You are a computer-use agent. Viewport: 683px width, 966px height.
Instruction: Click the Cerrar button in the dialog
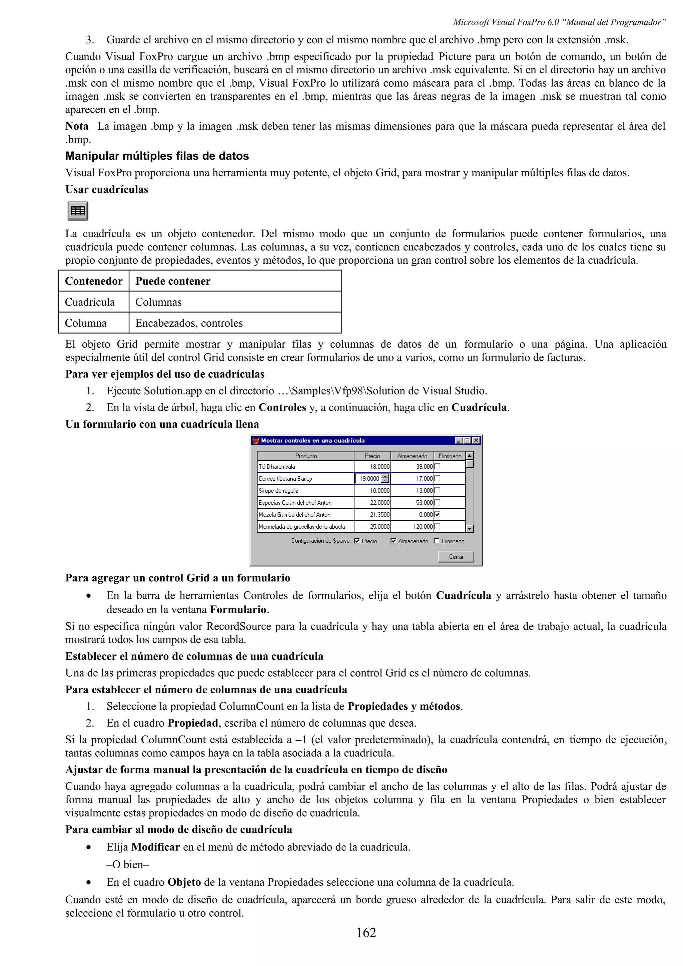pyautogui.click(x=456, y=557)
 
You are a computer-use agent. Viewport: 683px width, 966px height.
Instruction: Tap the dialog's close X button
pyautogui.click(x=476, y=441)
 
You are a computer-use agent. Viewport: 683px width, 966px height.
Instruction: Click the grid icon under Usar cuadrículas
pyautogui.click(x=78, y=211)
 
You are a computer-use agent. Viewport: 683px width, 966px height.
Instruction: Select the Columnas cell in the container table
pyautogui.click(x=158, y=302)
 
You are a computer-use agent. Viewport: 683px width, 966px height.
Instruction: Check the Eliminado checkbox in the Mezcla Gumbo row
pyautogui.click(x=437, y=514)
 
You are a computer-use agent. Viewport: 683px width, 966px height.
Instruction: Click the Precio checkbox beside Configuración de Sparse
pyautogui.click(x=357, y=541)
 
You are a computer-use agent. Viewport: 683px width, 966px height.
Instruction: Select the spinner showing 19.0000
pyautogui.click(x=373, y=478)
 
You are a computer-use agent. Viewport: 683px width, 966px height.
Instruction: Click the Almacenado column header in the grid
pyautogui.click(x=412, y=456)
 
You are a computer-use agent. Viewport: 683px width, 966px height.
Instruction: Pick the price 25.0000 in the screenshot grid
pyautogui.click(x=379, y=527)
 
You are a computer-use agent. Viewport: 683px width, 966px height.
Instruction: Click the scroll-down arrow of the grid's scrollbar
pyautogui.click(x=470, y=528)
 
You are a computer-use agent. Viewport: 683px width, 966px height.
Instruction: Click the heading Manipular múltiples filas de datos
pyautogui.click(x=157, y=156)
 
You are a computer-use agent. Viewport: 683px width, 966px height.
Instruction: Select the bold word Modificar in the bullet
pyautogui.click(x=155, y=847)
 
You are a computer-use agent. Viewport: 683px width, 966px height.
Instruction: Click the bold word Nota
pyautogui.click(x=77, y=126)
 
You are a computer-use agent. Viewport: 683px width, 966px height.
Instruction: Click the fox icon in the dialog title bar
pyautogui.click(x=255, y=441)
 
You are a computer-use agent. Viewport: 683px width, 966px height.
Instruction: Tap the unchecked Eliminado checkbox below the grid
pyautogui.click(x=437, y=541)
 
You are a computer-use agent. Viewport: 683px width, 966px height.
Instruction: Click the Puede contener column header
pyautogui.click(x=173, y=281)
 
